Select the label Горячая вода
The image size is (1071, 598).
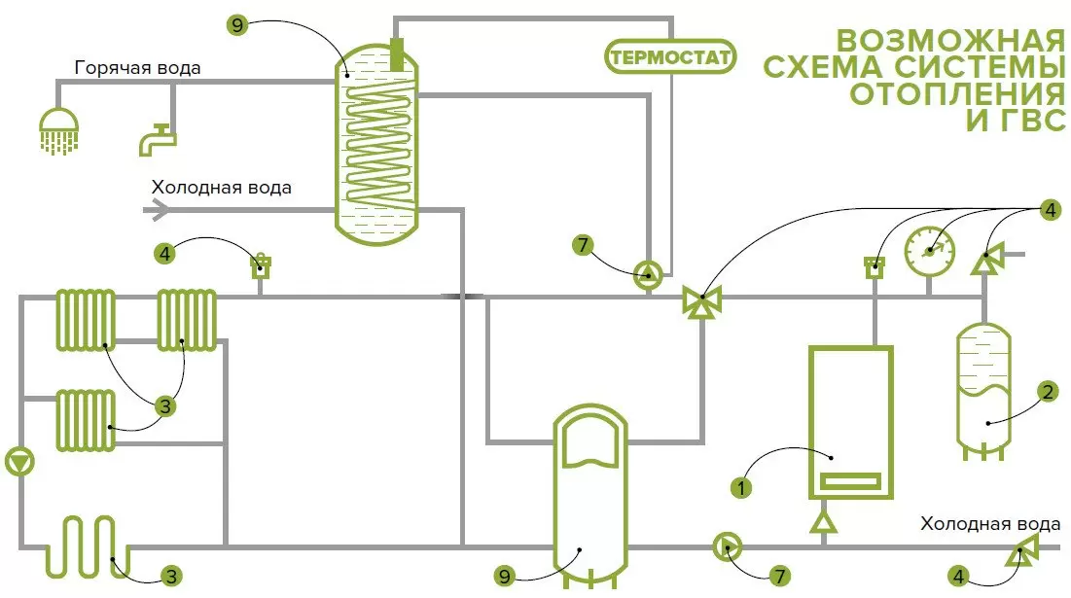pos(138,68)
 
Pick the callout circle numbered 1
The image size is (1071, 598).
pos(742,487)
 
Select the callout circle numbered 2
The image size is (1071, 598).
pos(1047,392)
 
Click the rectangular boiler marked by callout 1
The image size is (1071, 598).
pos(850,422)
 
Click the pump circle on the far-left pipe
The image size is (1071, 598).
pos(19,461)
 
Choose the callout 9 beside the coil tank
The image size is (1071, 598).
pos(239,25)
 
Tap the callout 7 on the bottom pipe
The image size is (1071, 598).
pos(778,576)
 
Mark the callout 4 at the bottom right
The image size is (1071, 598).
pos(961,576)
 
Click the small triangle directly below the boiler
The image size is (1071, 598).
pos(825,522)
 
